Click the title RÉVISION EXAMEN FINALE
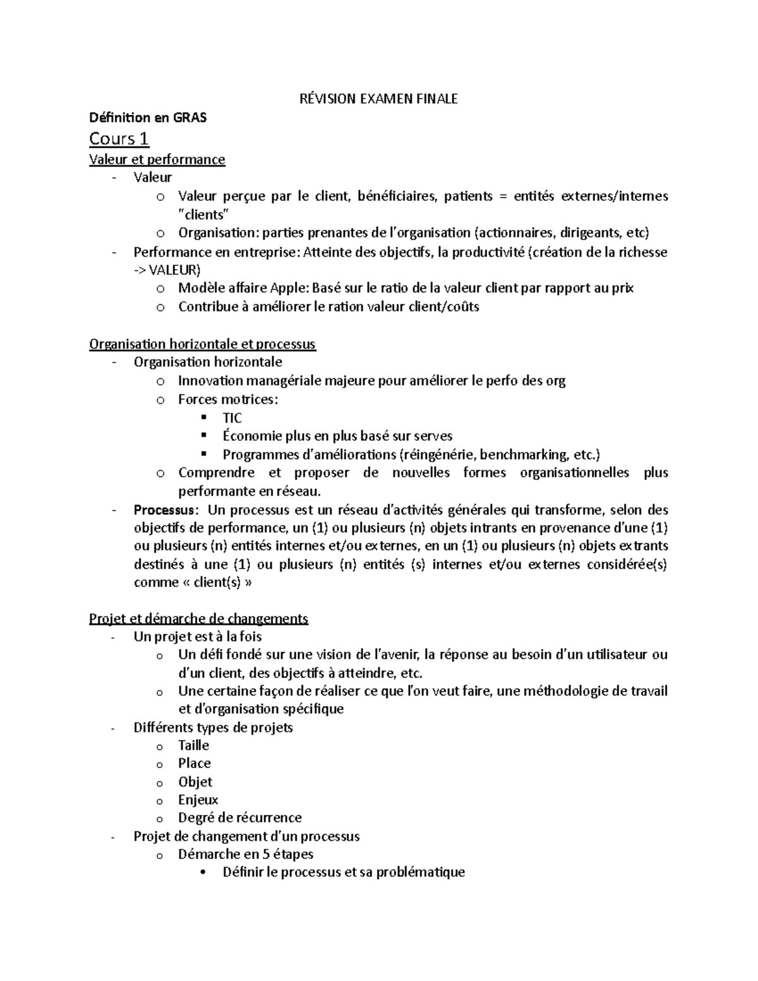pos(378,99)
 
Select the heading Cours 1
pos(119,138)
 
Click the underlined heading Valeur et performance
pos(157,159)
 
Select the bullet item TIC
pos(232,418)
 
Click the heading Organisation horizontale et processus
pos(202,344)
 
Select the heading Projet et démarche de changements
pos(198,618)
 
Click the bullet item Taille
pos(193,745)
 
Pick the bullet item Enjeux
pos(198,799)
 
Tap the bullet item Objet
pos(195,781)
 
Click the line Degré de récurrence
pos(239,817)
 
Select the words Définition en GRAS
pos(147,117)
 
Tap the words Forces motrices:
pos(227,399)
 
